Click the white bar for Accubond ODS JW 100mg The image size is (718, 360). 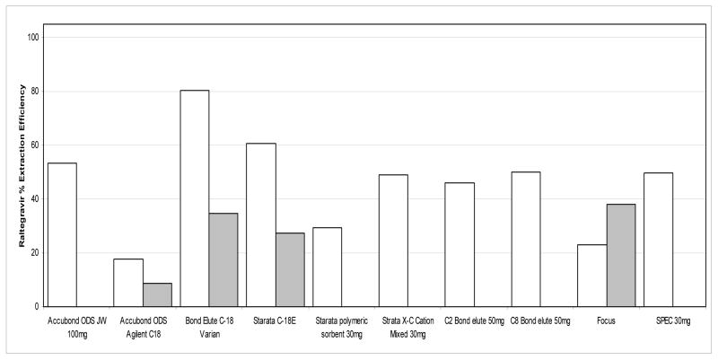[x=62, y=234]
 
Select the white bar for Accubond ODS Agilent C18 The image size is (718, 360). [x=128, y=283]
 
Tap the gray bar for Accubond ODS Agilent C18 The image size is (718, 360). [x=157, y=294]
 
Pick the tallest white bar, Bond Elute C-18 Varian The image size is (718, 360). [x=194, y=198]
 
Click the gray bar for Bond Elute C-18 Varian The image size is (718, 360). [x=223, y=259]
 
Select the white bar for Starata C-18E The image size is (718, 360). [x=260, y=224]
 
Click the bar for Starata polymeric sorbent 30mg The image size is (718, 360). [x=327, y=267]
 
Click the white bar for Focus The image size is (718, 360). [x=592, y=276]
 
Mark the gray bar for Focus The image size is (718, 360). [x=621, y=255]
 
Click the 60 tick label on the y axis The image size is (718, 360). [x=35, y=145]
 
